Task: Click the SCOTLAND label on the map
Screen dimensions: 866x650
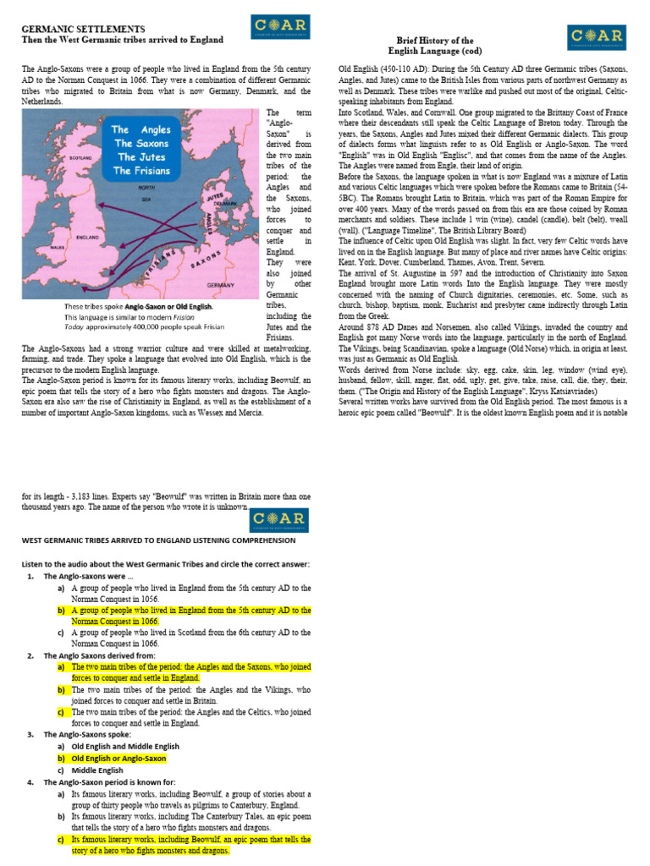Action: (80, 158)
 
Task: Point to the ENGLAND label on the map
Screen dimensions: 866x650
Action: (90, 239)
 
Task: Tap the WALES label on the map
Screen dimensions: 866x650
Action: (58, 248)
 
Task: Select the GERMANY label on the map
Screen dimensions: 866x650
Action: (220, 286)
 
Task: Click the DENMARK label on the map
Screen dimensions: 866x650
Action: (225, 204)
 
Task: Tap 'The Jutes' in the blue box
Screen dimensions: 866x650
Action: (140, 157)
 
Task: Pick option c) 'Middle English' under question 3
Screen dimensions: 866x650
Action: (97, 770)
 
